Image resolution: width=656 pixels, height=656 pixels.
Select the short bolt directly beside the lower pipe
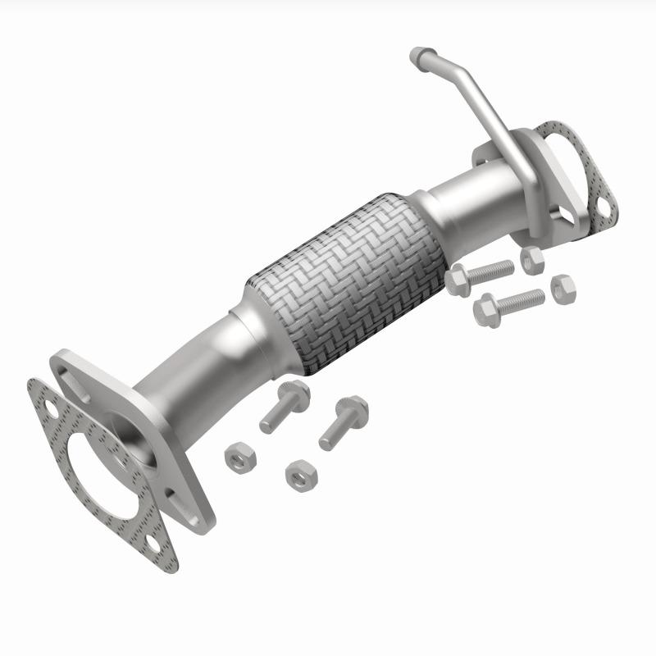pos(283,406)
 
